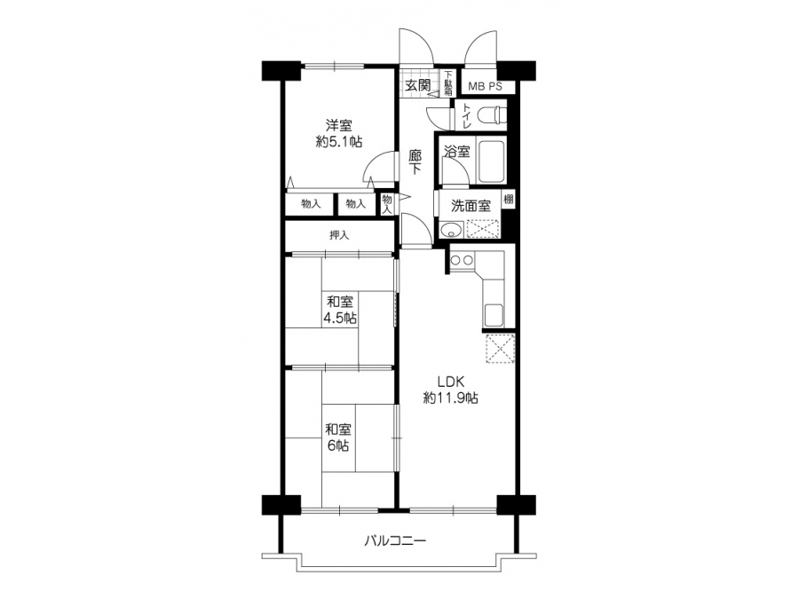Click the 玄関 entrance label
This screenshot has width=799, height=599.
pyautogui.click(x=418, y=85)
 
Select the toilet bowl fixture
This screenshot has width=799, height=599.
pyautogui.click(x=495, y=114)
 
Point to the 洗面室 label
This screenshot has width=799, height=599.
pyautogui.click(x=471, y=206)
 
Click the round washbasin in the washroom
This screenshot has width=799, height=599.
pyautogui.click(x=450, y=230)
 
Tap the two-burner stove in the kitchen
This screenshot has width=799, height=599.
pyautogui.click(x=463, y=260)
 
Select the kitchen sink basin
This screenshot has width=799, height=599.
pyautogui.click(x=494, y=315)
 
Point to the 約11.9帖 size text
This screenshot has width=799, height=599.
pyautogui.click(x=450, y=398)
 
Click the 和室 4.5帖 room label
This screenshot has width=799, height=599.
pyautogui.click(x=340, y=310)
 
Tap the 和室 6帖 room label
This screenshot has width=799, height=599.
pyautogui.click(x=338, y=437)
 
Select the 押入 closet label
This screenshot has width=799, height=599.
pyautogui.click(x=339, y=235)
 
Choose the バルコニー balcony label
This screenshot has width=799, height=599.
pyautogui.click(x=395, y=540)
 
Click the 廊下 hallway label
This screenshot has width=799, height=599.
pyautogui.click(x=415, y=162)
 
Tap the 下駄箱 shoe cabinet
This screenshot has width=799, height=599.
pyautogui.click(x=448, y=83)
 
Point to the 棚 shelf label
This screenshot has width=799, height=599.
pyautogui.click(x=508, y=199)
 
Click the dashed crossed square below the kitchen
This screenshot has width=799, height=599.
pyautogui.click(x=500, y=349)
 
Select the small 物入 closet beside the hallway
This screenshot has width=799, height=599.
pyautogui.click(x=387, y=204)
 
